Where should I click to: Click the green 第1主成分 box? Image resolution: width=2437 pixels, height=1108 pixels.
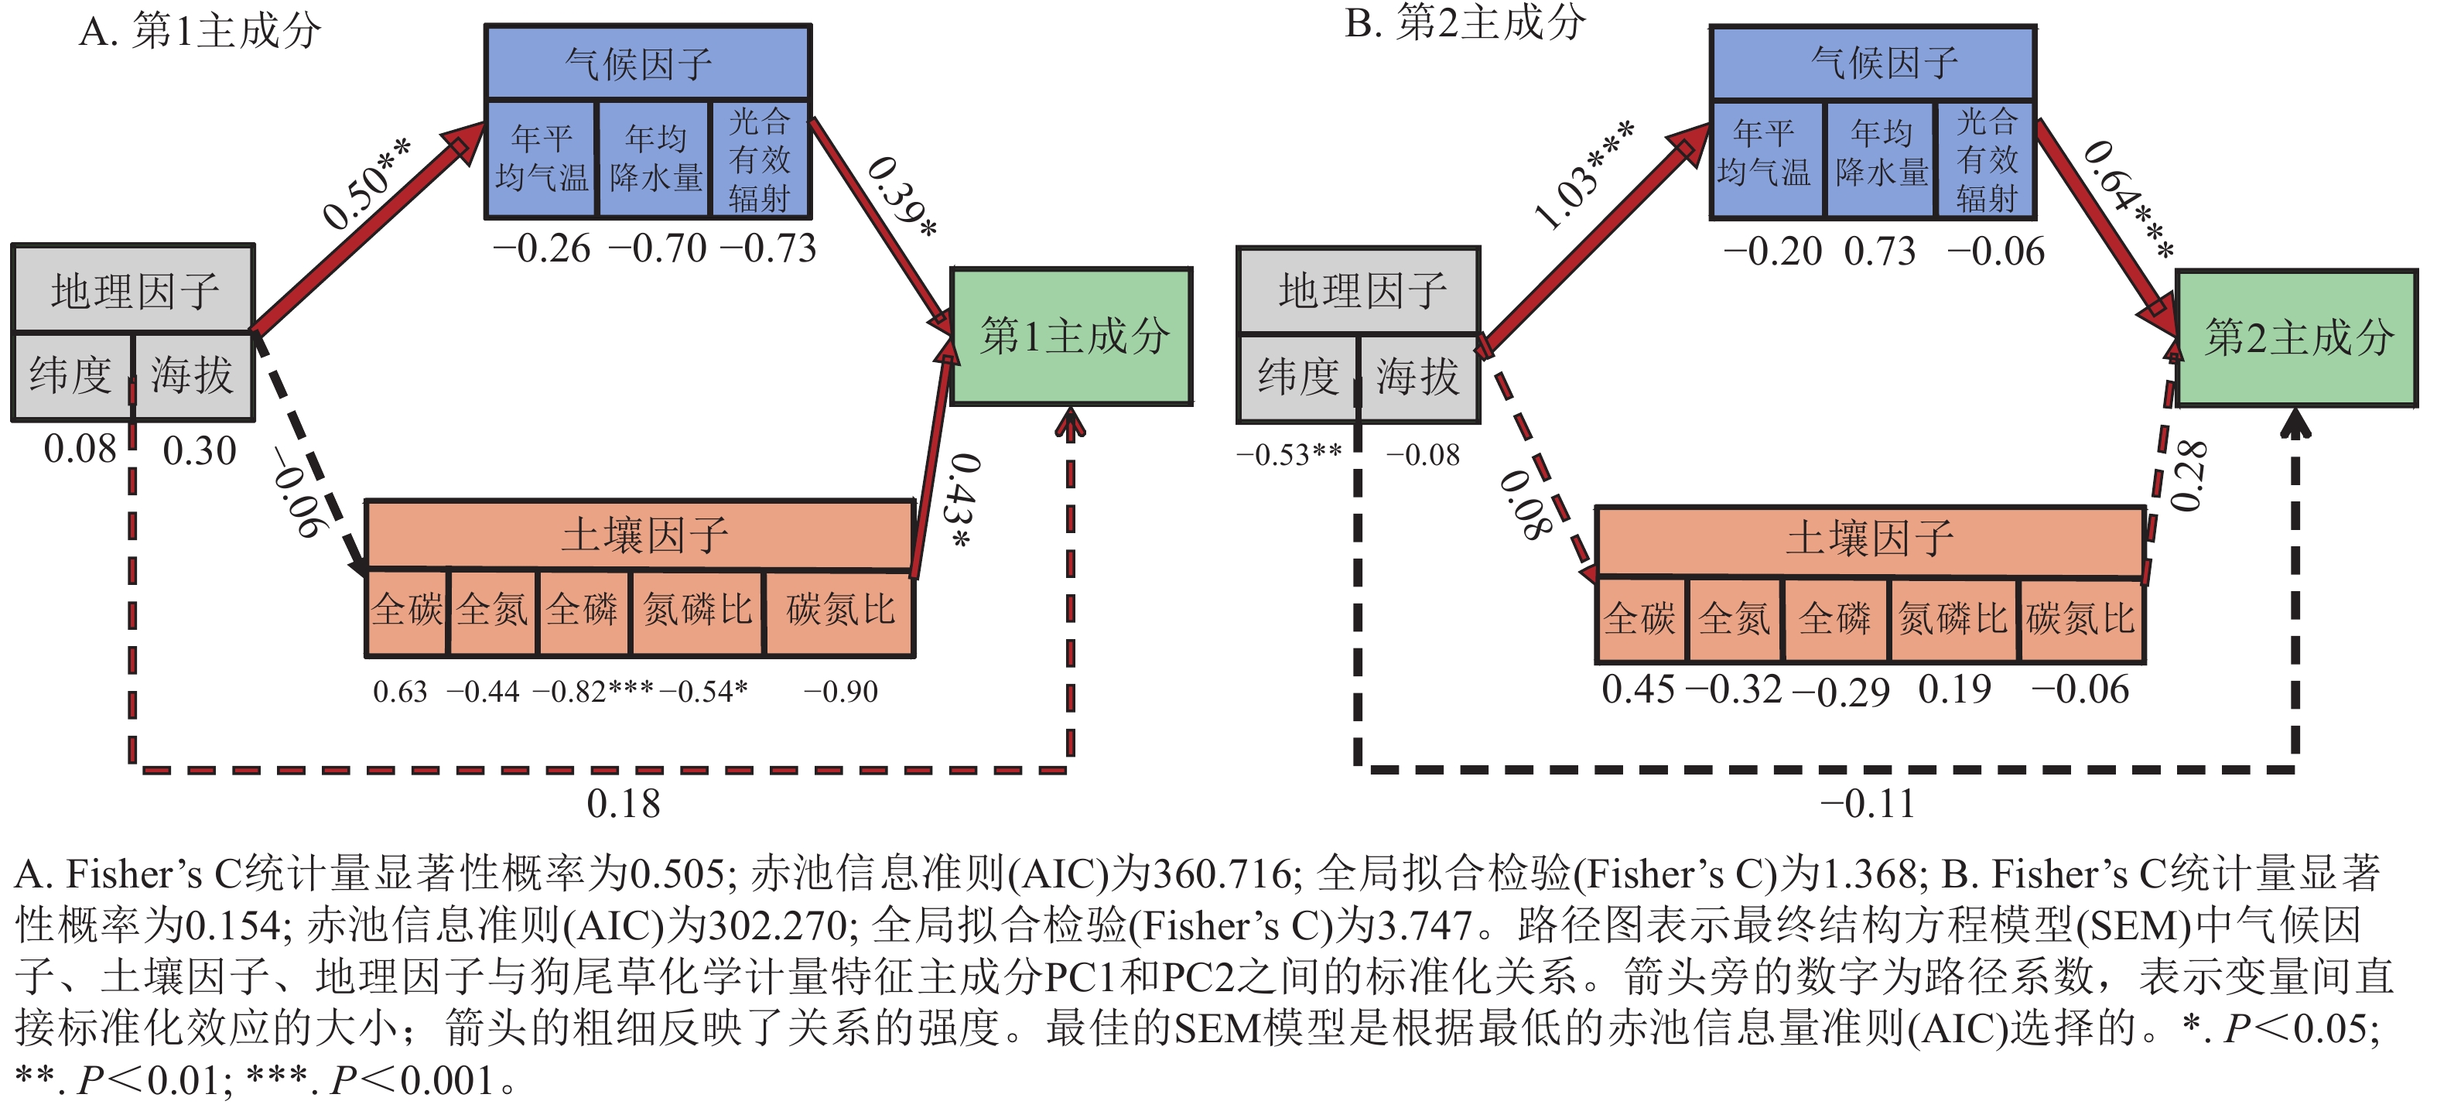[x=1071, y=337]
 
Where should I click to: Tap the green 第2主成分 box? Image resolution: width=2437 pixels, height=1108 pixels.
[x=2297, y=338]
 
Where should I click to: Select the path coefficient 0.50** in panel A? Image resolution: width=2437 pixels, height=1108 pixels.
[x=366, y=184]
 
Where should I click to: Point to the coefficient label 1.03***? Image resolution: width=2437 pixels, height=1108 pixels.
[x=1583, y=176]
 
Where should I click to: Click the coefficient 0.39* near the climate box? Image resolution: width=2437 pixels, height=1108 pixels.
[x=901, y=198]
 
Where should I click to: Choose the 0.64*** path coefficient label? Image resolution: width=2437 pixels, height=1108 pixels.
[x=2128, y=199]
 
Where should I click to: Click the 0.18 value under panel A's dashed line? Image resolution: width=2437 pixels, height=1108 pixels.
[x=624, y=804]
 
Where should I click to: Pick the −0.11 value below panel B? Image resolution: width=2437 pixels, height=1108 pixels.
[x=1868, y=804]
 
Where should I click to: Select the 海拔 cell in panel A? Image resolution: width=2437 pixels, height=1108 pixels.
[x=192, y=375]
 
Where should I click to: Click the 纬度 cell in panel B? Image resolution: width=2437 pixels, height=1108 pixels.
[x=1298, y=378]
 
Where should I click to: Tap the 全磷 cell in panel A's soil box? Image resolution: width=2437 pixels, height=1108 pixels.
[x=583, y=610]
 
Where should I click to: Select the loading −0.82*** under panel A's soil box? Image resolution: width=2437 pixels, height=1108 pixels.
[x=592, y=692]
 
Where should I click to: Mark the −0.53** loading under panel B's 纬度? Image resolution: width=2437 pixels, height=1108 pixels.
[x=1288, y=455]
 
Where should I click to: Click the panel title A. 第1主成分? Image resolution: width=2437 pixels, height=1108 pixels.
[x=200, y=31]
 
